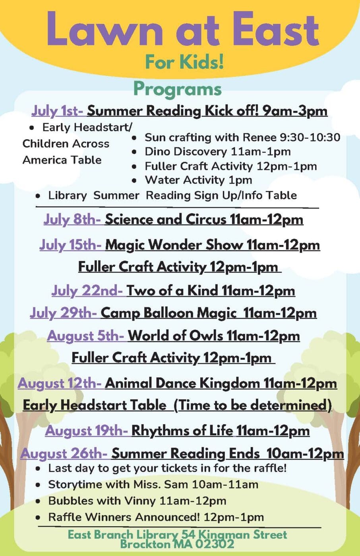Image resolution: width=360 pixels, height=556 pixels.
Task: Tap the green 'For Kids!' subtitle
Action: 184,62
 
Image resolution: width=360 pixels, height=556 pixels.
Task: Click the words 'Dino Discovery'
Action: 186,152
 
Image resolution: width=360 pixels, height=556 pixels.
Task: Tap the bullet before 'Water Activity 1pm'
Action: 134,181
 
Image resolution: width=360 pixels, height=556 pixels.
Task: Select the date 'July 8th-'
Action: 72,220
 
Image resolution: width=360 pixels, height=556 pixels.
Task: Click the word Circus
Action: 206,219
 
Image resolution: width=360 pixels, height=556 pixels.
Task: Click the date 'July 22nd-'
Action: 87,291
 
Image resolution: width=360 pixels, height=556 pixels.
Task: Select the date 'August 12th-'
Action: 60,384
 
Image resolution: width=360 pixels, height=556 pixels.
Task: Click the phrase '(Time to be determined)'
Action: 252,405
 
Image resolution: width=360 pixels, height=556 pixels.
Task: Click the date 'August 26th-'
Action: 64,454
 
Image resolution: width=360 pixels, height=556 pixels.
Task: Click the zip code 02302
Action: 215,544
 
